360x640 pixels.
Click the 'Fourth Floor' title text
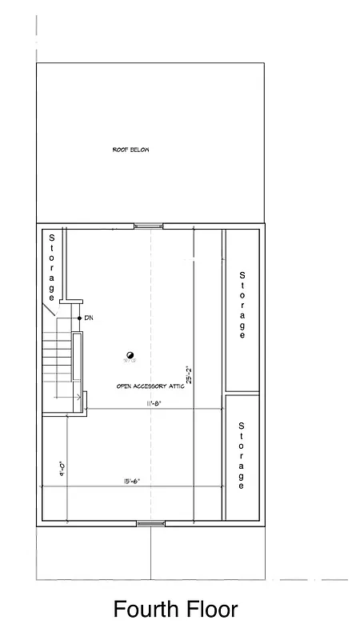click(175, 610)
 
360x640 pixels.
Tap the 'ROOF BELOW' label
click(130, 150)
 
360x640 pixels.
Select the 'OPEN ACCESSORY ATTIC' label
click(150, 386)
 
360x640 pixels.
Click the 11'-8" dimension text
click(154, 404)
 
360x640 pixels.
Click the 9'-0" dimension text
click(61, 467)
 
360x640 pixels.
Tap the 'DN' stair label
click(89, 318)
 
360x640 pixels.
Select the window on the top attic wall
click(148, 226)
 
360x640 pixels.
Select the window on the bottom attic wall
click(150, 523)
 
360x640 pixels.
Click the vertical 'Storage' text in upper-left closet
click(51, 264)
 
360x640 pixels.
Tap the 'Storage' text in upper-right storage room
click(242, 306)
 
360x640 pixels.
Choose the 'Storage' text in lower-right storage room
click(242, 456)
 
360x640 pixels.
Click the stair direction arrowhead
click(79, 396)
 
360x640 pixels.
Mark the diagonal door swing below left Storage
click(49, 308)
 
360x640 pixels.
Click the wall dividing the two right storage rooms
click(242, 393)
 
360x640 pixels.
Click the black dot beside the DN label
click(78, 318)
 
